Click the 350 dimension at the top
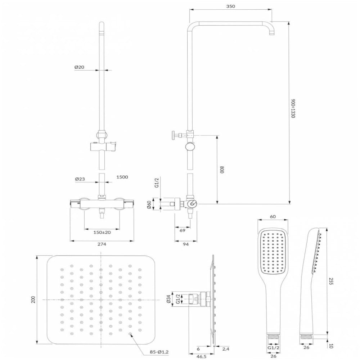230,6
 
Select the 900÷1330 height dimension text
293,108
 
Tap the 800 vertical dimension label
222,170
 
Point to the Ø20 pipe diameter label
79,67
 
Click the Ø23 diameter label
80,179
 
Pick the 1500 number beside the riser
122,177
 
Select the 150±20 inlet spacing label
102,232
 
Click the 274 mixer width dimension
102,244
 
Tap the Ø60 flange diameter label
149,204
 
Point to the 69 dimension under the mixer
182,230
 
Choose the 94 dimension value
185,244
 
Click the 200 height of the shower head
33,300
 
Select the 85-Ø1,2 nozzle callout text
159,352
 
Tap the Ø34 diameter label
169,300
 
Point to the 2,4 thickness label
226,349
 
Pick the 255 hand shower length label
330,281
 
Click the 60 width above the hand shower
273,216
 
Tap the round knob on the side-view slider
190,147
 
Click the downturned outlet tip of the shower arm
271,33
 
